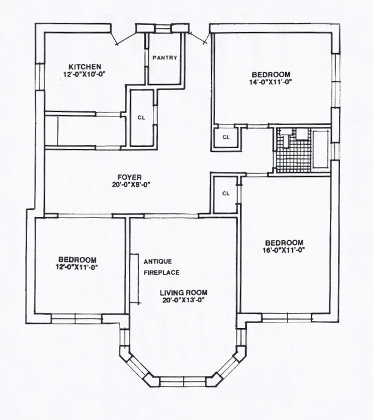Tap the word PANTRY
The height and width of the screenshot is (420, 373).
click(164, 58)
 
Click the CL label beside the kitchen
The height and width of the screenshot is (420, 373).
click(142, 118)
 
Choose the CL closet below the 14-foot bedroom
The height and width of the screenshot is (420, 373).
click(226, 137)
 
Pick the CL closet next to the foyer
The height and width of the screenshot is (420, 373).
click(226, 194)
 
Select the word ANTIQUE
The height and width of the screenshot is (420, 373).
click(158, 262)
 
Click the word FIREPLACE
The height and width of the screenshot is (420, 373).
click(161, 272)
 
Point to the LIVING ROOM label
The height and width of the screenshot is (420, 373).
click(183, 293)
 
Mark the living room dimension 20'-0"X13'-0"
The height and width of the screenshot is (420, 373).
click(183, 301)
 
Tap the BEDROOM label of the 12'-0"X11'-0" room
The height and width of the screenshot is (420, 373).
click(78, 259)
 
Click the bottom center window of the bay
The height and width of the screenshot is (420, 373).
click(184, 381)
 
